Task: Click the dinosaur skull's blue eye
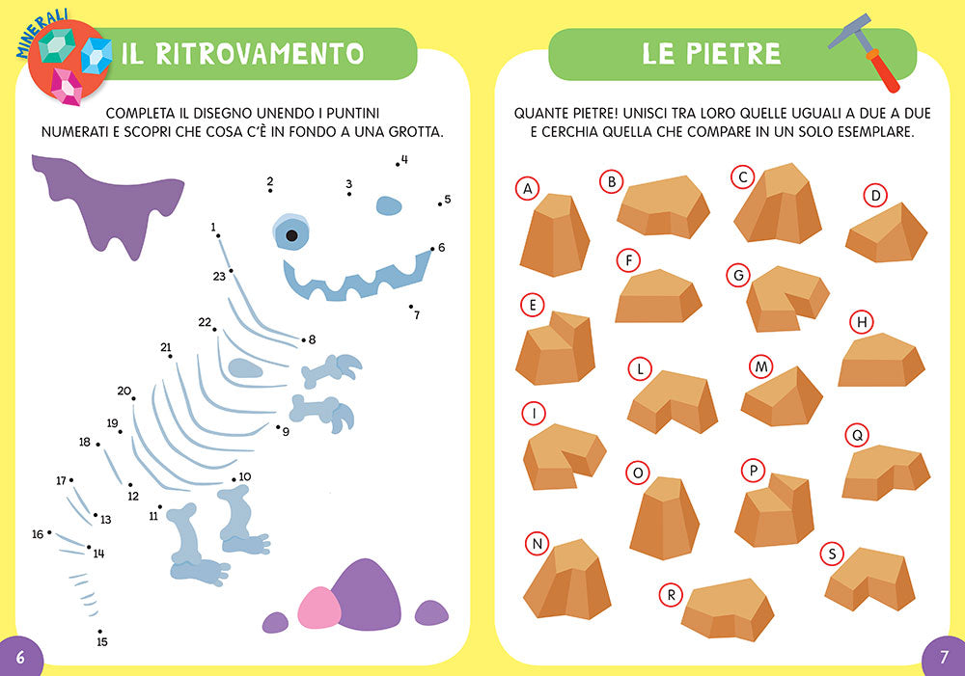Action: pyautogui.click(x=290, y=234)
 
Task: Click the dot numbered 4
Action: pyautogui.click(x=397, y=165)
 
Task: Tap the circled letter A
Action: pyautogui.click(x=527, y=189)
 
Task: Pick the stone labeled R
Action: pyautogui.click(x=727, y=608)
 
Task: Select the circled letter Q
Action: pyautogui.click(x=855, y=435)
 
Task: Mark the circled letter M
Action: pyautogui.click(x=760, y=366)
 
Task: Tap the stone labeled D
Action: pyautogui.click(x=887, y=234)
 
